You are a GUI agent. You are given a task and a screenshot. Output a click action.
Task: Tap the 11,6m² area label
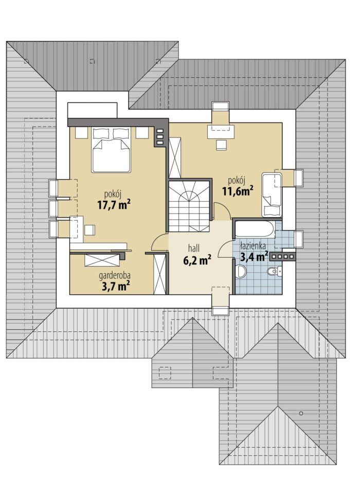pyautogui.click(x=238, y=191)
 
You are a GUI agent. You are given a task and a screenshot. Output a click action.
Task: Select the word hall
pyautogui.click(x=194, y=248)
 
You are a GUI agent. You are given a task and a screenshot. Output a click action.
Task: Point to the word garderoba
pyautogui.click(x=115, y=276)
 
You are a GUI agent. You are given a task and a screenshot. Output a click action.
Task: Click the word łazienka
pyautogui.click(x=253, y=245)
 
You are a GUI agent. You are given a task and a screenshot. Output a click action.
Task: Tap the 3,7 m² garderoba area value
pyautogui.click(x=116, y=286)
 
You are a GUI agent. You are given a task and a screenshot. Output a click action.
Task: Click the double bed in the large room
pyautogui.click(x=111, y=150)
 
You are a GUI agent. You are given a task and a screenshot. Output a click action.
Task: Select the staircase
pyautogui.click(x=189, y=206)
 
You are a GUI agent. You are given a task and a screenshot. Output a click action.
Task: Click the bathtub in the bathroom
pyautogui.click(x=254, y=229)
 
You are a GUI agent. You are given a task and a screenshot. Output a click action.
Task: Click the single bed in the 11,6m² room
pyautogui.click(x=272, y=195)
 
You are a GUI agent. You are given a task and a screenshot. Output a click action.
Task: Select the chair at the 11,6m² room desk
pyautogui.click(x=221, y=145)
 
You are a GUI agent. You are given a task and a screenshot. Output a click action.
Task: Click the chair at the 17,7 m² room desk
pyautogui.click(x=89, y=229)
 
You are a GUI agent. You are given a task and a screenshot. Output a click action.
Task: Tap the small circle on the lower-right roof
pyautogui.click(x=301, y=413)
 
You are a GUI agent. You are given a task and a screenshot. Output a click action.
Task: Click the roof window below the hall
pyautogui.click(x=220, y=301)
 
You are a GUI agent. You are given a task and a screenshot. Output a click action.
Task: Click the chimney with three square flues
pyautogui.click(x=160, y=137)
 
